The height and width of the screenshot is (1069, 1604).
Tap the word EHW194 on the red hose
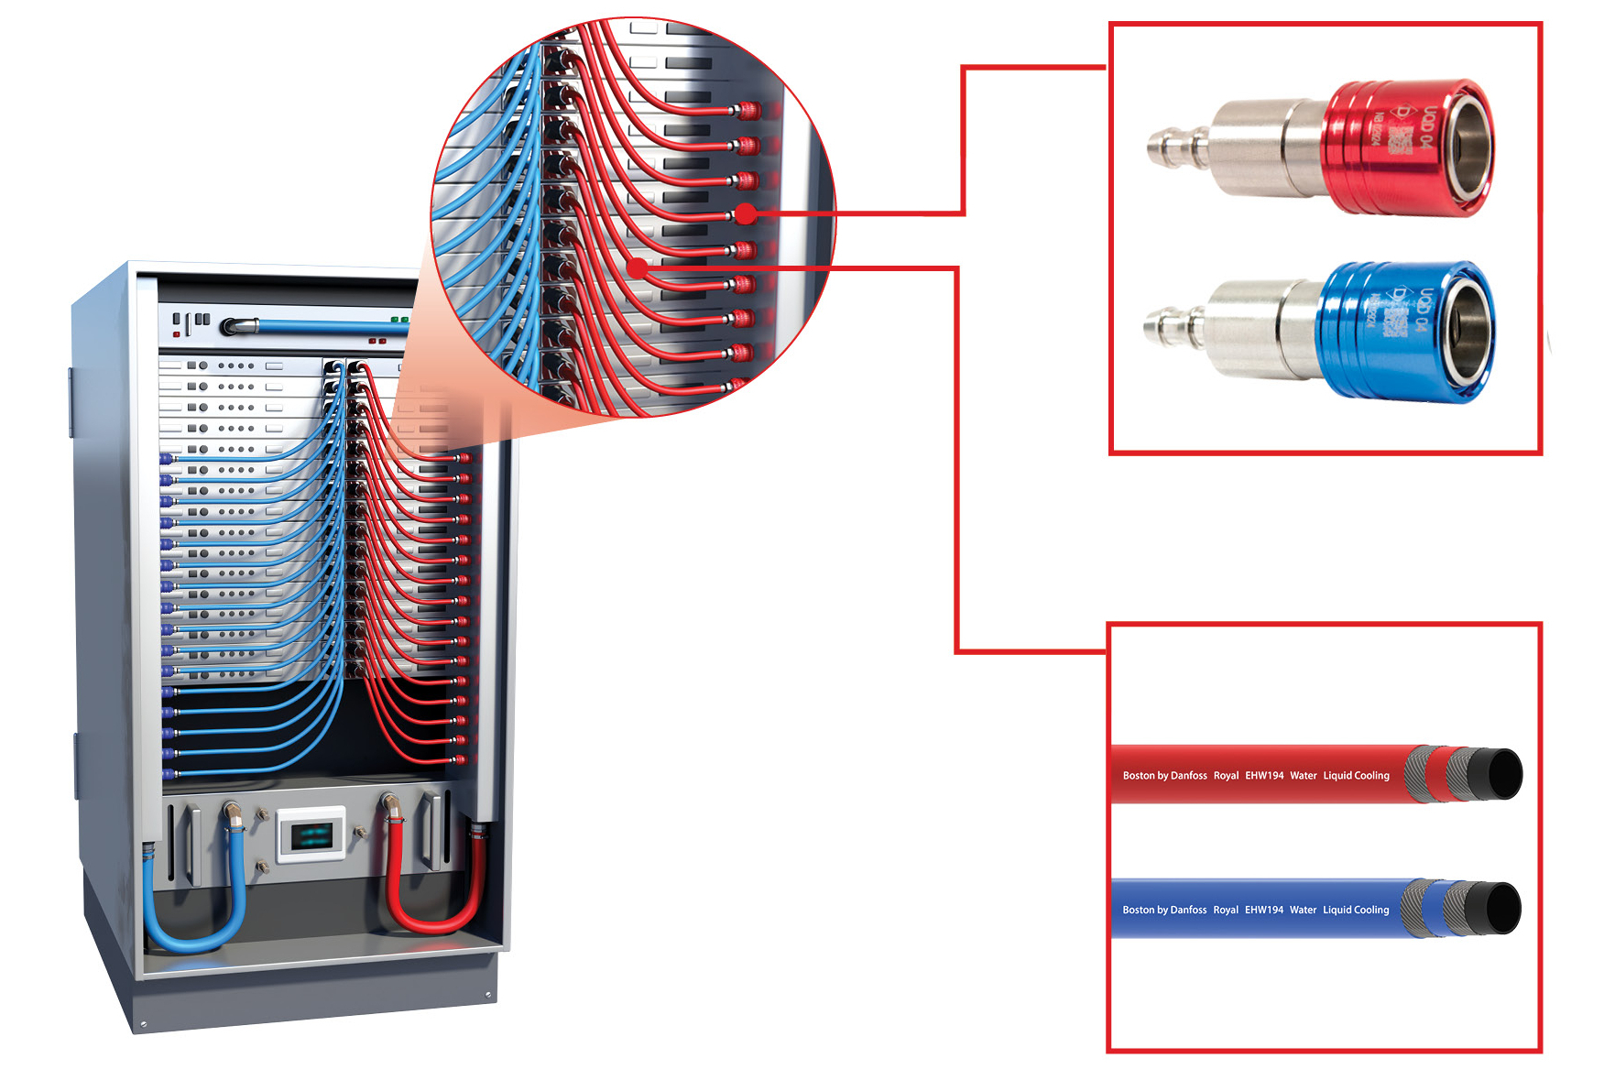click(1264, 776)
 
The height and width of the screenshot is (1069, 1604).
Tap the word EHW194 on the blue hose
click(1264, 911)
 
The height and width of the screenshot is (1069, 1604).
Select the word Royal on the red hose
click(1226, 776)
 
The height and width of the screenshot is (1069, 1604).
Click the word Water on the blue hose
click(1303, 911)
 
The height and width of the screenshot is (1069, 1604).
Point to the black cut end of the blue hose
click(1502, 909)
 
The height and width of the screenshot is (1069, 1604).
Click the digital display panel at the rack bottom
click(311, 834)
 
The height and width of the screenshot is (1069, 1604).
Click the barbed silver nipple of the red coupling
click(1173, 147)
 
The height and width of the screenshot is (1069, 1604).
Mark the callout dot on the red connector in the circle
click(746, 214)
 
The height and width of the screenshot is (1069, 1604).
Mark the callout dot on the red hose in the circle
click(638, 267)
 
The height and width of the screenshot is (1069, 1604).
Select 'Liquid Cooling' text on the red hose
click(1356, 776)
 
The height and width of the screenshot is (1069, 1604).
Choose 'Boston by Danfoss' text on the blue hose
click(1164, 911)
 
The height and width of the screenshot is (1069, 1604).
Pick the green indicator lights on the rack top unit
click(399, 320)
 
